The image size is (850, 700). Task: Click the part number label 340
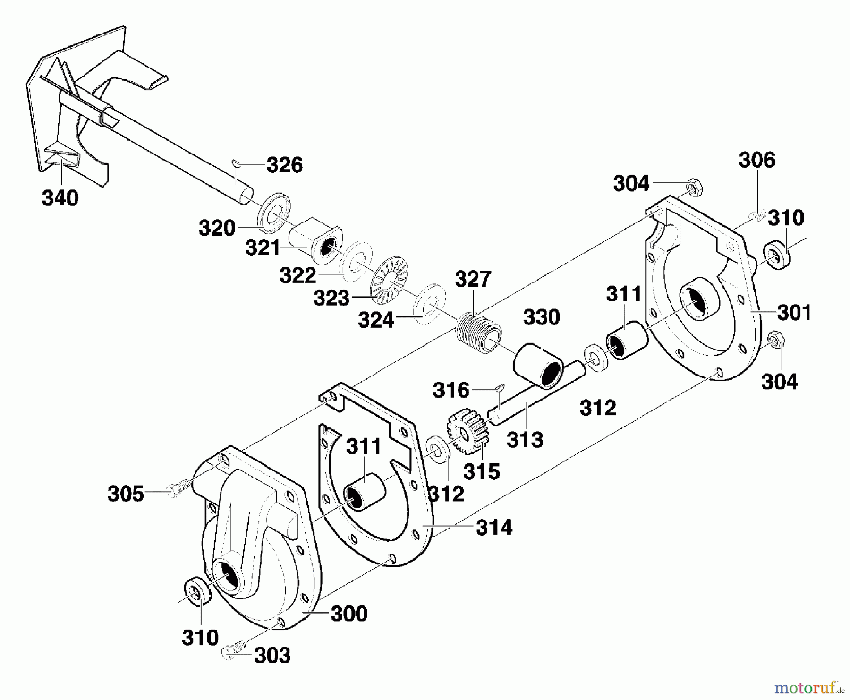pyautogui.click(x=60, y=198)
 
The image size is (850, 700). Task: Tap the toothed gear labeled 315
pyautogui.click(x=467, y=431)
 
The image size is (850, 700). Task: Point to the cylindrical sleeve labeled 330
pyautogui.click(x=539, y=366)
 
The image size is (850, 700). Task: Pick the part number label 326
pyautogui.click(x=284, y=165)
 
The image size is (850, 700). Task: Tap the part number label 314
pyautogui.click(x=494, y=528)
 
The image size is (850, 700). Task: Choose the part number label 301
pyautogui.click(x=794, y=313)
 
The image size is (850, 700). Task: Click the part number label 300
pyautogui.click(x=349, y=614)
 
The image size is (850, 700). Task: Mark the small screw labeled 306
pyautogui.click(x=757, y=217)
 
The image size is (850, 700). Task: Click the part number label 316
pyautogui.click(x=451, y=391)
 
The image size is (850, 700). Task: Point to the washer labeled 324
pyautogui.click(x=429, y=304)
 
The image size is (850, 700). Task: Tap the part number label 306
pyautogui.click(x=757, y=160)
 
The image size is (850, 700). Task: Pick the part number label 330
pyautogui.click(x=541, y=317)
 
